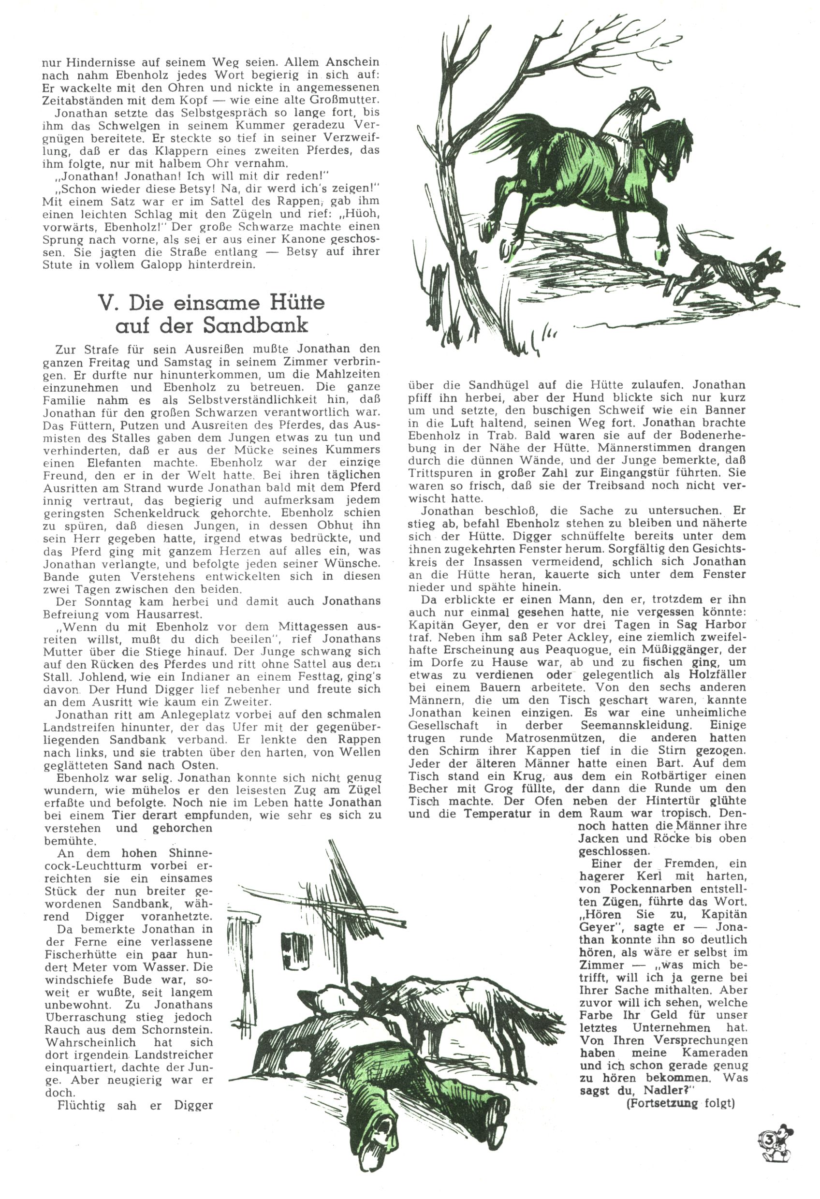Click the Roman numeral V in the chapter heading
[106, 302]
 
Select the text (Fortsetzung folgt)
[680, 1104]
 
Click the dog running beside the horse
[733, 268]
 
